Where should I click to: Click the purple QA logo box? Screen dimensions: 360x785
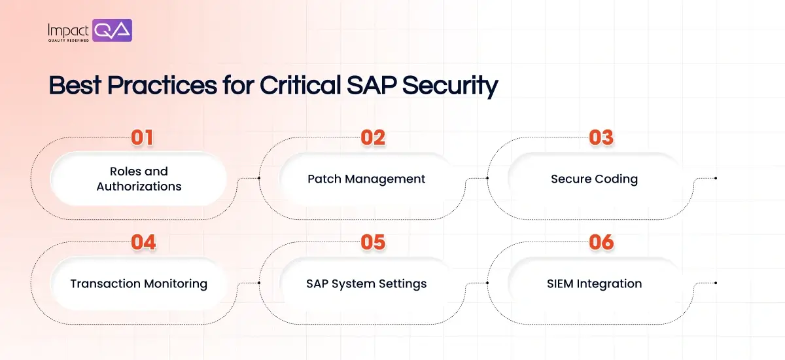(113, 30)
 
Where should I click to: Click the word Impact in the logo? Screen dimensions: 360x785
(69, 29)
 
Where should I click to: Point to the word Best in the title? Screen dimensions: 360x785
(73, 86)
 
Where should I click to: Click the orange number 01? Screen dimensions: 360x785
(143, 137)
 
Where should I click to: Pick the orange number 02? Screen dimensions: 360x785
(373, 137)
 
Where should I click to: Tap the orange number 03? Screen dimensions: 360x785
(601, 137)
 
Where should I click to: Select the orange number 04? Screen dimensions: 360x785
(143, 242)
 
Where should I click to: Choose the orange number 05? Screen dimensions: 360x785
(373, 242)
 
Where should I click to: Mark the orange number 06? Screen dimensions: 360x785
(601, 242)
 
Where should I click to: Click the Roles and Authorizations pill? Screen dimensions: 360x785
(139, 179)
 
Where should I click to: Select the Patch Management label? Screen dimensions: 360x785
(366, 179)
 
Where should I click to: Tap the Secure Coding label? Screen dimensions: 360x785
(594, 179)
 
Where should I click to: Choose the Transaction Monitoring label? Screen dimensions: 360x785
(139, 283)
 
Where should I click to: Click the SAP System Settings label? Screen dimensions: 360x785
(366, 283)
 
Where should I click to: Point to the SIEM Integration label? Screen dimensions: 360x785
(594, 283)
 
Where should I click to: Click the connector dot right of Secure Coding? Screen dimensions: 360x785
(716, 177)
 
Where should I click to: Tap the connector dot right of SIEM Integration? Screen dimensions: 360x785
(716, 283)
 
